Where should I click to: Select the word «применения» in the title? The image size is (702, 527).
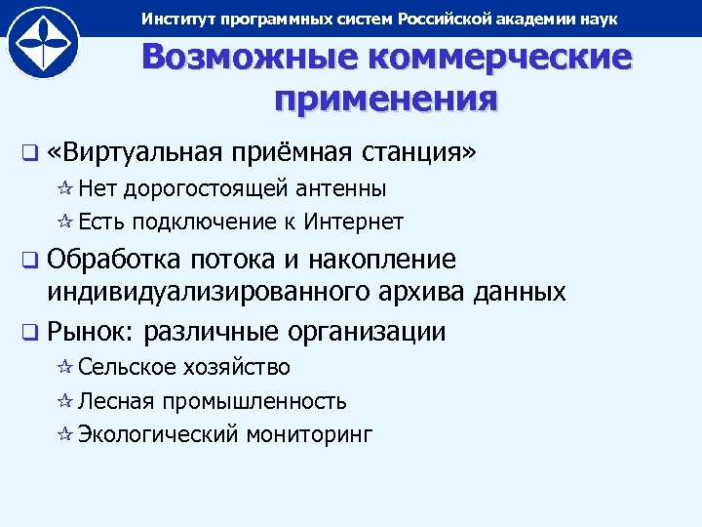[x=386, y=99]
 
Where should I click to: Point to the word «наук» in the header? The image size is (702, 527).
[x=595, y=20]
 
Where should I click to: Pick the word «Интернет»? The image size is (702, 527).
[x=353, y=222]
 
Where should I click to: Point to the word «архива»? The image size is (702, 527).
[x=428, y=292]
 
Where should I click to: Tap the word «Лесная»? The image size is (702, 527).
[x=114, y=401]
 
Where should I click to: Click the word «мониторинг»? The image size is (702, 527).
[x=312, y=435]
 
